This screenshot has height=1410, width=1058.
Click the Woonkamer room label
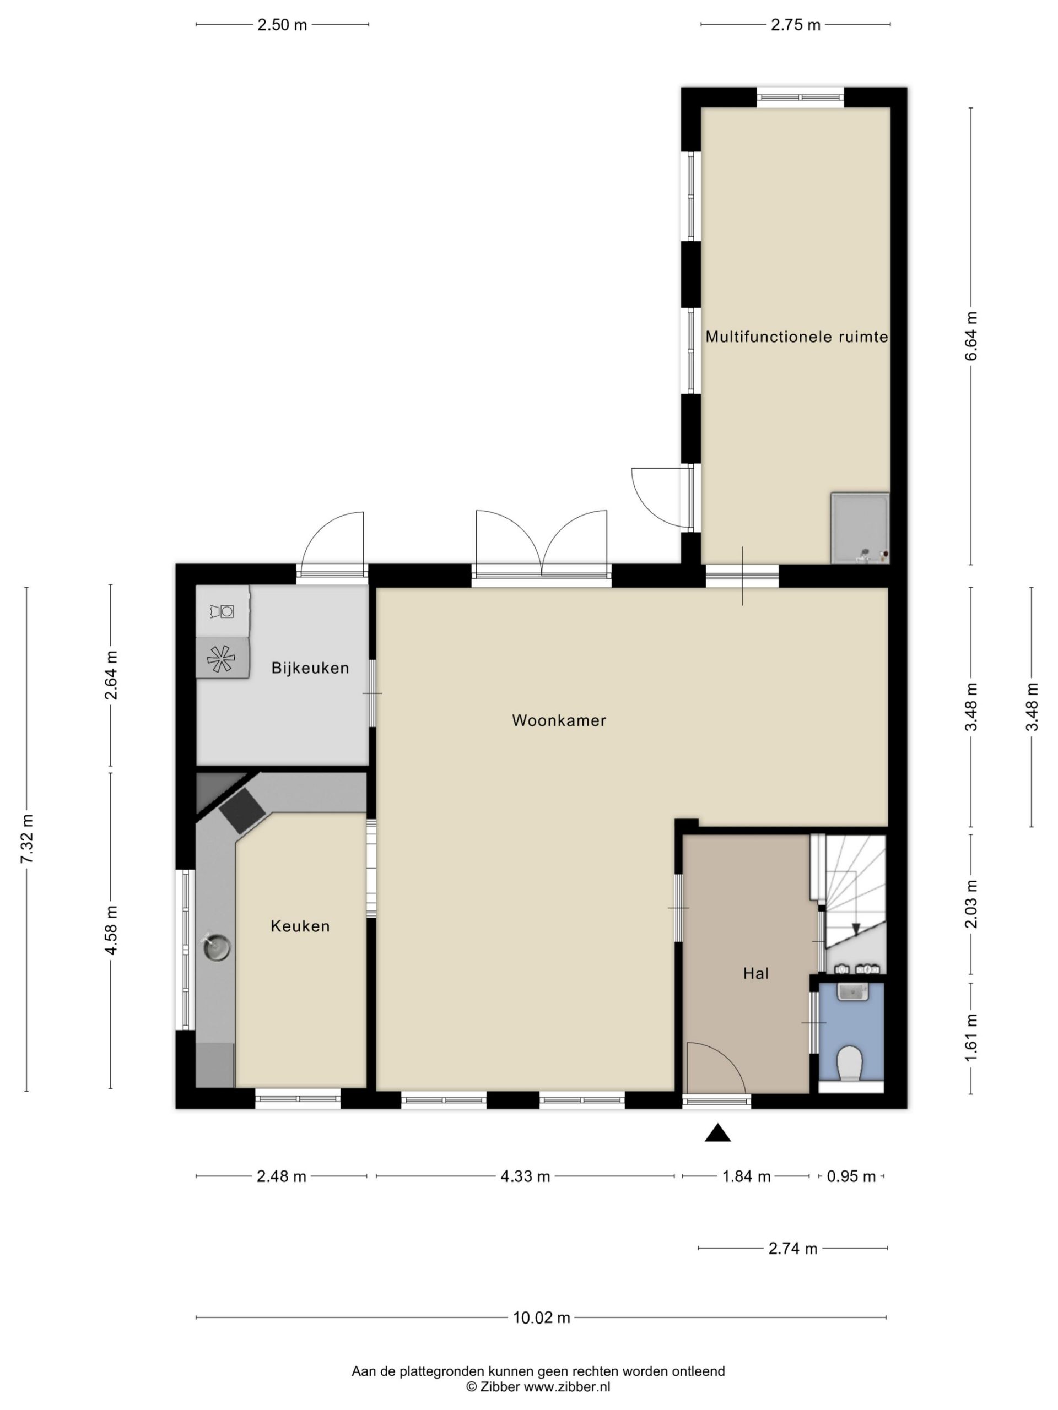pyautogui.click(x=559, y=720)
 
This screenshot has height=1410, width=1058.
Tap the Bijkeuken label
pyautogui.click(x=310, y=669)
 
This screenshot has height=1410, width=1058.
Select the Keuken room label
pyautogui.click(x=300, y=926)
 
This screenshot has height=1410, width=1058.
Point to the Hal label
pyautogui.click(x=755, y=973)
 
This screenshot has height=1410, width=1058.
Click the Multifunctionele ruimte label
pyautogui.click(x=796, y=337)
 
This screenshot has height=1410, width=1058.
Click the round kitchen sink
pyautogui.click(x=216, y=947)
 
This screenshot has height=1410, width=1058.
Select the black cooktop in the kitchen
pyautogui.click(x=242, y=810)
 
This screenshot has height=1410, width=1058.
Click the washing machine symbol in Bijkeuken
pyautogui.click(x=222, y=611)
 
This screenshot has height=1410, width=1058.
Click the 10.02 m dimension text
pyautogui.click(x=542, y=1317)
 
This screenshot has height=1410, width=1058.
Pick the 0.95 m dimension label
pyautogui.click(x=851, y=1176)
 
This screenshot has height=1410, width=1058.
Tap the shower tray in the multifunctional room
pyautogui.click(x=860, y=528)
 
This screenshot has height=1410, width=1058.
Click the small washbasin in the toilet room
pyautogui.click(x=852, y=993)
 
